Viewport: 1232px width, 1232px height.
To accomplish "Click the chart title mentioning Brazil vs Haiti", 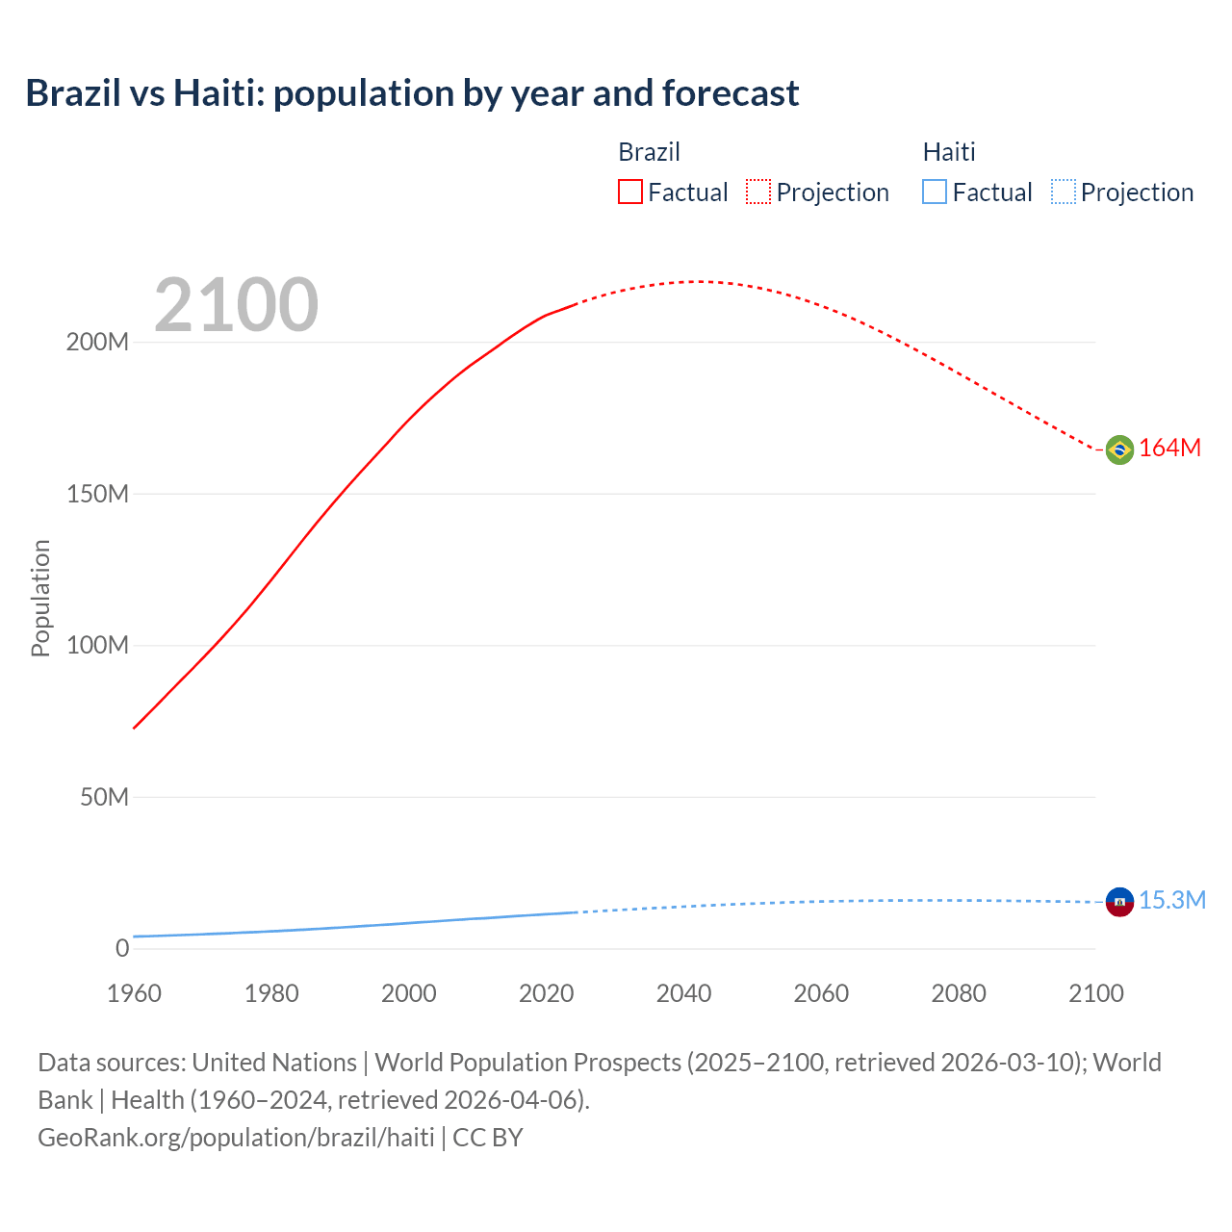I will pyautogui.click(x=412, y=93).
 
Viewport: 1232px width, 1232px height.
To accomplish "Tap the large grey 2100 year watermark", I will pyautogui.click(x=236, y=305).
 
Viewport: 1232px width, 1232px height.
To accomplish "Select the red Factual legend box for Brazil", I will pyautogui.click(x=629, y=192).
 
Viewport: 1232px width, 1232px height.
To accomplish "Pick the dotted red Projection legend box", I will pyautogui.click(x=758, y=192).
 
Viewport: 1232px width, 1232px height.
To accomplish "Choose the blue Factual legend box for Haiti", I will pyautogui.click(x=934, y=192).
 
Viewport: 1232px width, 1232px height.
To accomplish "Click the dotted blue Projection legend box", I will pyautogui.click(x=1063, y=192).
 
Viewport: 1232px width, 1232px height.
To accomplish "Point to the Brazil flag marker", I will pyautogui.click(x=1119, y=449).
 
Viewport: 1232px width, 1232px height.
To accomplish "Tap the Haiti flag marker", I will pyautogui.click(x=1119, y=901).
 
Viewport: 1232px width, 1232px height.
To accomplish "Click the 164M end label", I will pyautogui.click(x=1169, y=449).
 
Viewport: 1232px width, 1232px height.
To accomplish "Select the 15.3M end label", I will pyautogui.click(x=1171, y=901).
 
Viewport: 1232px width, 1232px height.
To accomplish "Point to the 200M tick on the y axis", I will pyautogui.click(x=97, y=343).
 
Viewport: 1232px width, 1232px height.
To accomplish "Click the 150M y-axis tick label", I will pyautogui.click(x=97, y=494).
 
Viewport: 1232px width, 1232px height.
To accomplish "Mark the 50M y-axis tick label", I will pyautogui.click(x=104, y=797).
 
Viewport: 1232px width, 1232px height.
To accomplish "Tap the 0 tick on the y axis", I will pyautogui.click(x=122, y=948).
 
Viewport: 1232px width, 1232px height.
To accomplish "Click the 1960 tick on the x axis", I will pyautogui.click(x=134, y=993).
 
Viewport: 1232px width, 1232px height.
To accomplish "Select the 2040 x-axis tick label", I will pyautogui.click(x=683, y=993).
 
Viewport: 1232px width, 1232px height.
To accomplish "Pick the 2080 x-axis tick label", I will pyautogui.click(x=959, y=993).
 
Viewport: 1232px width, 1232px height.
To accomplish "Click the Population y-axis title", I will pyautogui.click(x=40, y=598).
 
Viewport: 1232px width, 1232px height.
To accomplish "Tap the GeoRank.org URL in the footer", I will pyautogui.click(x=236, y=1137).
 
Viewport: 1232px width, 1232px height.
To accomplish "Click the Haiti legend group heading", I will pyautogui.click(x=949, y=152).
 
